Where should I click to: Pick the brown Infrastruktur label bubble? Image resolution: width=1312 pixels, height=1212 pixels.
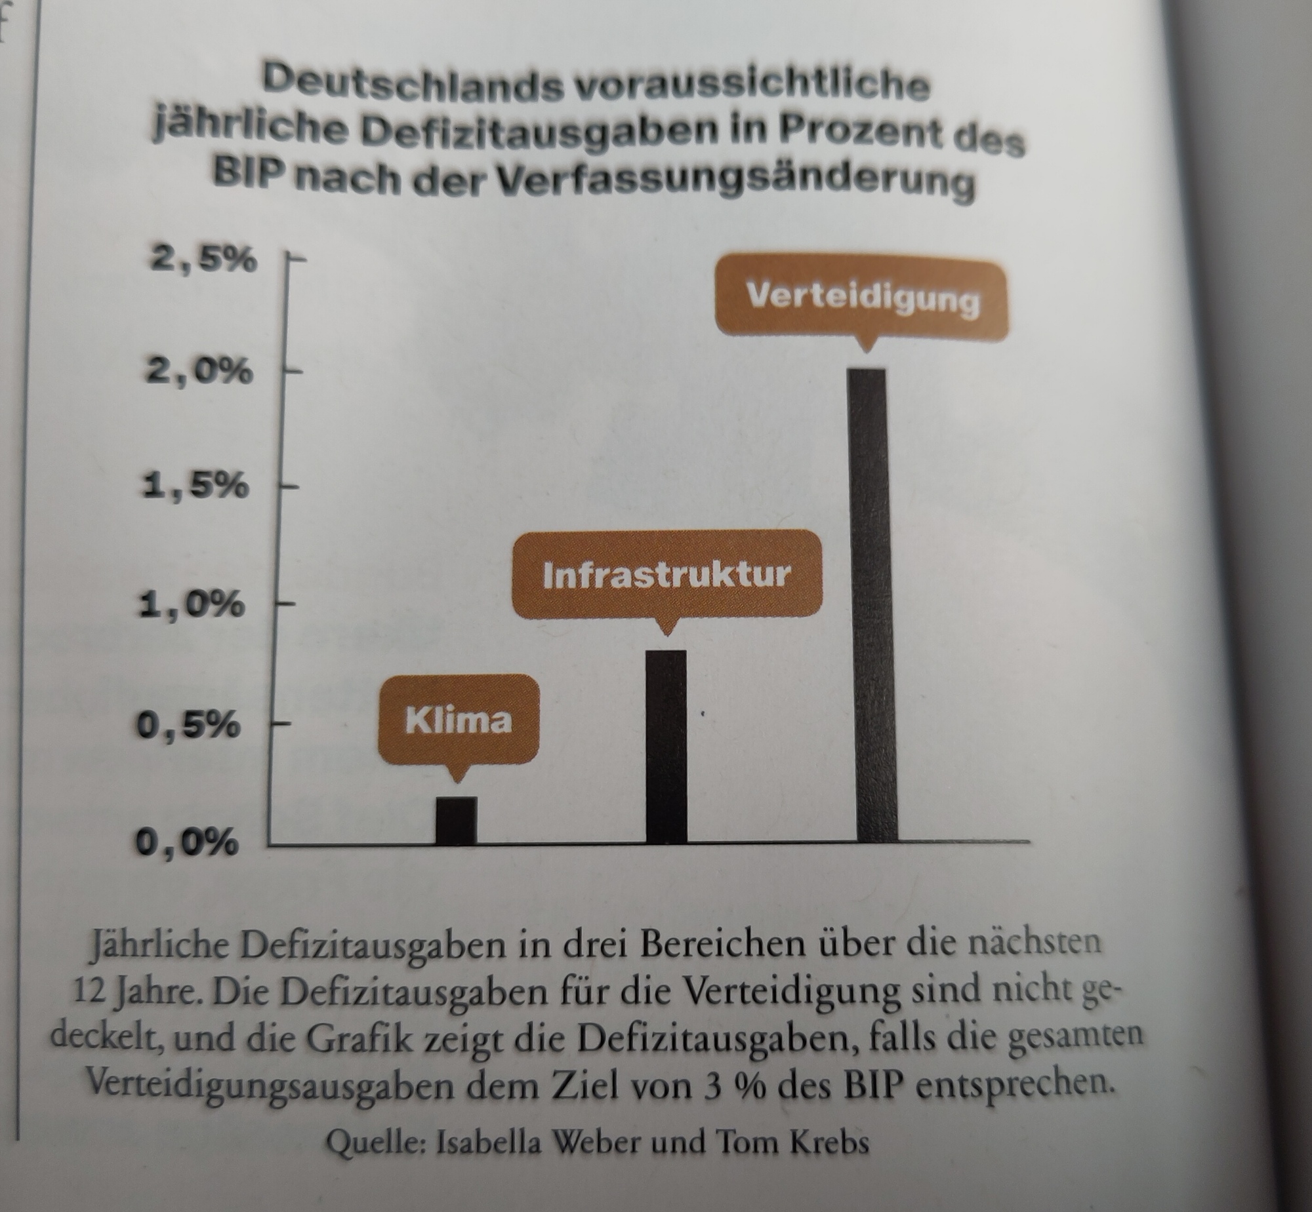666,575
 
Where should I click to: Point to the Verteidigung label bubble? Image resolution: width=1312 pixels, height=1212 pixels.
863,299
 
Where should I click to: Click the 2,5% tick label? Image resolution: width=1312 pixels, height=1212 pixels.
203,260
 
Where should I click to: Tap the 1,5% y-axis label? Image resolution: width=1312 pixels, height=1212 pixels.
195,486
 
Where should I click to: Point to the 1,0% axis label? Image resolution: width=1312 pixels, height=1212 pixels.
191,604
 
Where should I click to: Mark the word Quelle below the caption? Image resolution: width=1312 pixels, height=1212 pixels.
376,1142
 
